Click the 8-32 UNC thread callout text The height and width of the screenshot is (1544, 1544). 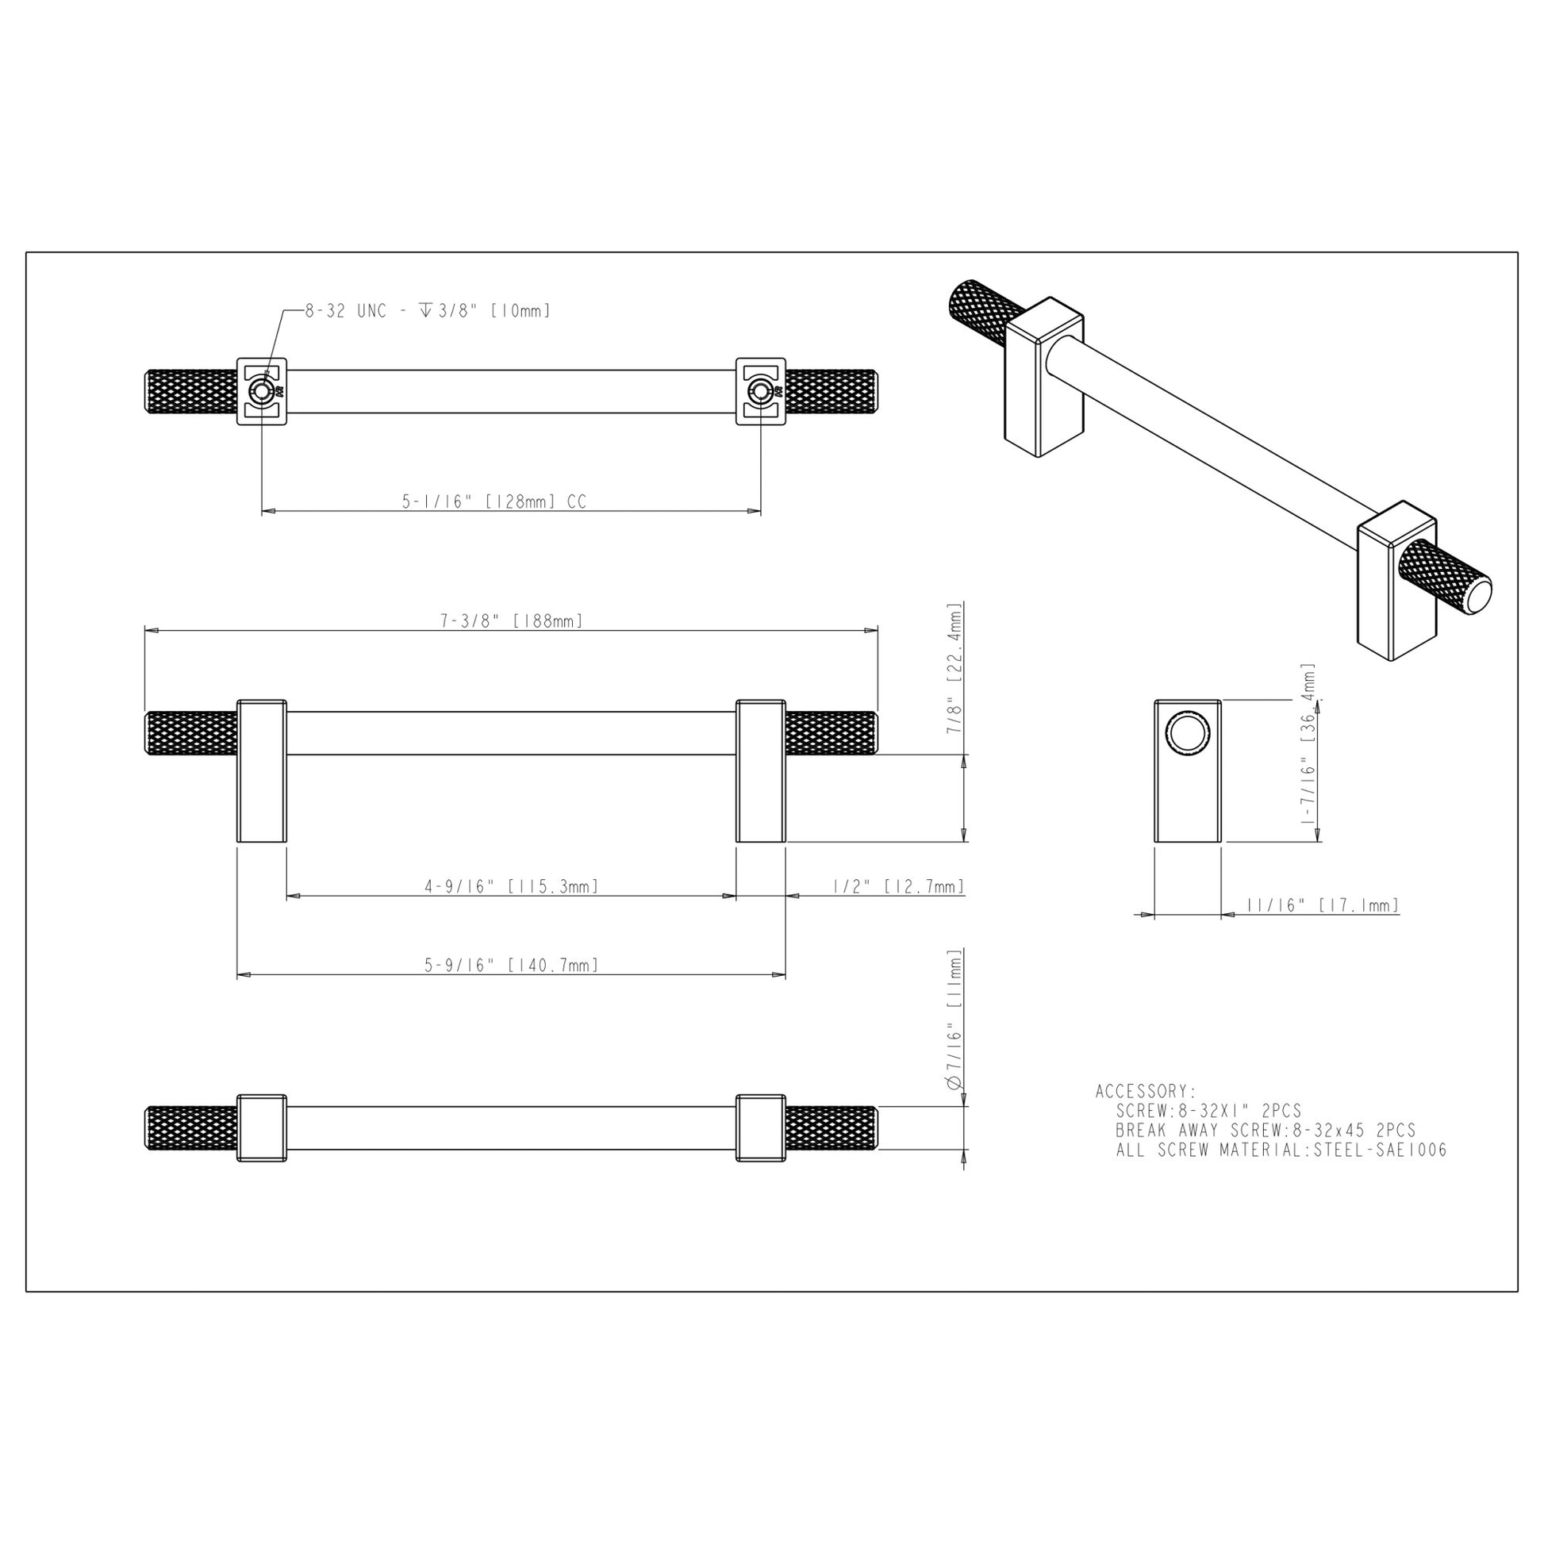(428, 311)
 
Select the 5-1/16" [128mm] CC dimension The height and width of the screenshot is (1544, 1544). (493, 502)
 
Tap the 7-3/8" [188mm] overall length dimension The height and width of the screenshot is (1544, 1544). (512, 621)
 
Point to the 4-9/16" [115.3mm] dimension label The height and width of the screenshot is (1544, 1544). (512, 886)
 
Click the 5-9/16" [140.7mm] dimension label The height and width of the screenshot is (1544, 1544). (512, 966)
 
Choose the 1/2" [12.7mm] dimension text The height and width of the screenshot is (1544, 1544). (898, 886)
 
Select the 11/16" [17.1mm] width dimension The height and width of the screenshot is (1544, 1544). (1322, 905)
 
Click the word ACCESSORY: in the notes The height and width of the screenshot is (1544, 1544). (1145, 1091)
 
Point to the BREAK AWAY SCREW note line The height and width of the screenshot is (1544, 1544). (1265, 1131)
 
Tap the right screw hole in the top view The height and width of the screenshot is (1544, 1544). (759, 392)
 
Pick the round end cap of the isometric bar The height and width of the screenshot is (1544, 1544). (1475, 593)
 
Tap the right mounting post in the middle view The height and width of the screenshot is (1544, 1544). (760, 771)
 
